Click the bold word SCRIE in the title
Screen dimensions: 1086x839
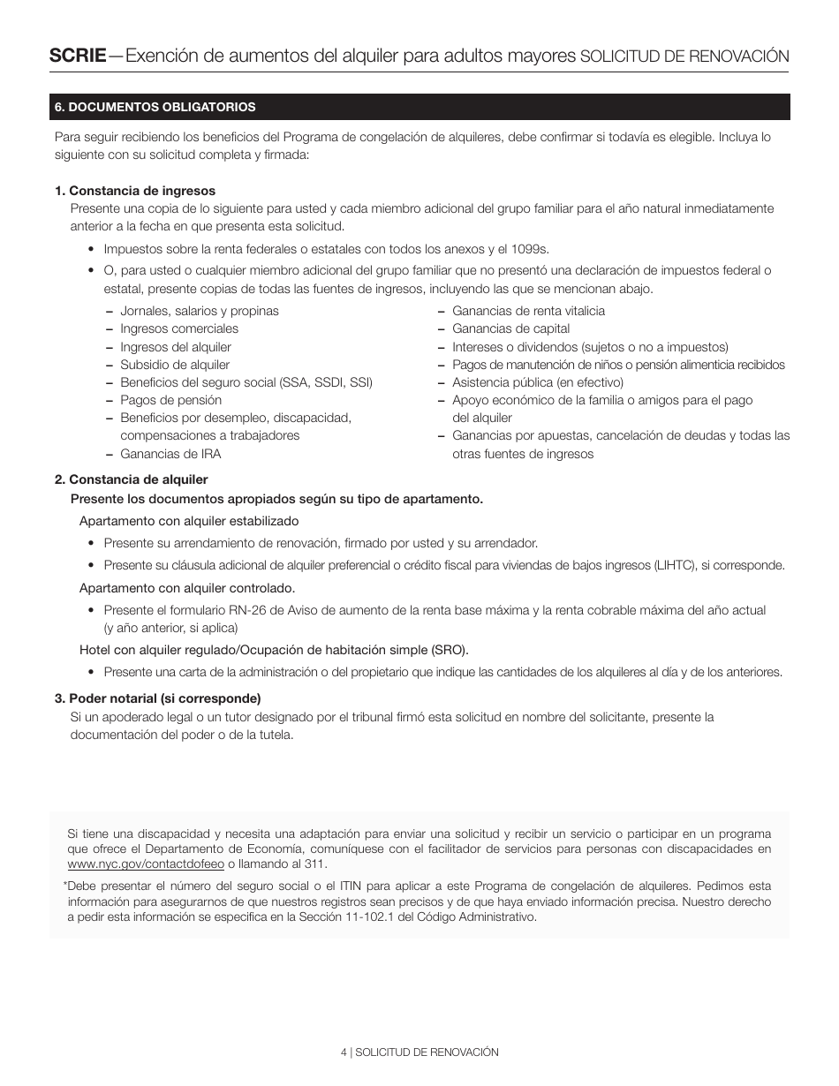coord(77,56)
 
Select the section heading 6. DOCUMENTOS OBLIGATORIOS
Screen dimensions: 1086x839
coord(155,107)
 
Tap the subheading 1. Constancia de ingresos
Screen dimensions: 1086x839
coord(135,191)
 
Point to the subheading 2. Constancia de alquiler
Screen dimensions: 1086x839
coord(132,479)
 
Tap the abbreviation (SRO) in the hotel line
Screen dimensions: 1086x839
coord(450,650)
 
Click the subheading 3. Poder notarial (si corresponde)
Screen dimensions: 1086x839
coord(158,698)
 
